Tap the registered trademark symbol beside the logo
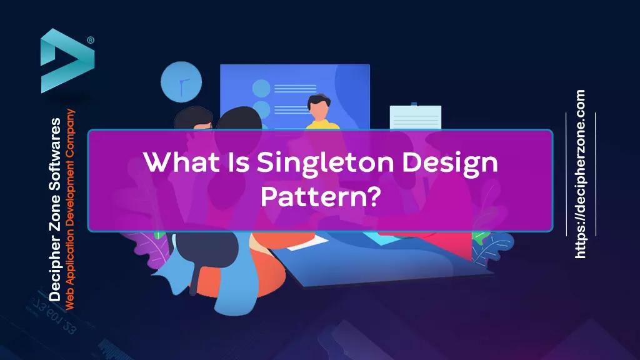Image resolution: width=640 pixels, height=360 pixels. pos(91,40)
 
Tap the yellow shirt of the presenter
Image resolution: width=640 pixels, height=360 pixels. pos(322,124)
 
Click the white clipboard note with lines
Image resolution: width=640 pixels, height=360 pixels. pos(415,117)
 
